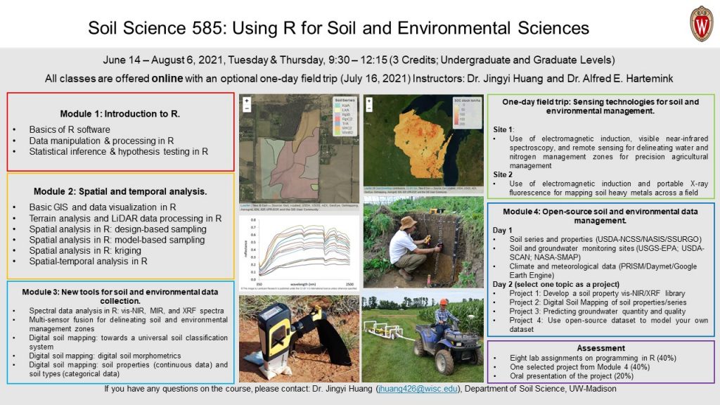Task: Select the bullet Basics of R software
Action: tap(70, 129)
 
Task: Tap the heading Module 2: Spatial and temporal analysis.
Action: tap(120, 191)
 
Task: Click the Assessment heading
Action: tap(600, 348)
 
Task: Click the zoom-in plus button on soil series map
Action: tap(247, 101)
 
